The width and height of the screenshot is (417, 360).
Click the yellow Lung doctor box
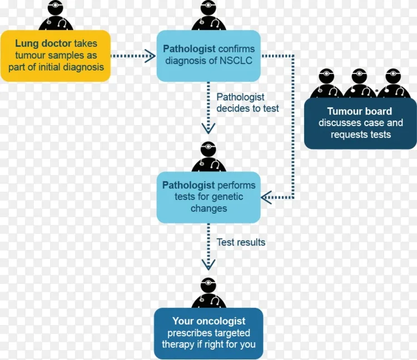[x=56, y=56]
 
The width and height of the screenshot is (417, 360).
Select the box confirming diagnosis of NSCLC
[x=209, y=56]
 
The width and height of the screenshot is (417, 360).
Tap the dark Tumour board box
[x=360, y=123]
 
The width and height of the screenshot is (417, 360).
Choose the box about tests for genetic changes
[x=209, y=197]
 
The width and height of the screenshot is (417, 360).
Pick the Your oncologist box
[x=209, y=333]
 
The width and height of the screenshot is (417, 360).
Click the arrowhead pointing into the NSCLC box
[x=150, y=56]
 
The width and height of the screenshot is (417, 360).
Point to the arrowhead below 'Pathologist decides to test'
[x=209, y=128]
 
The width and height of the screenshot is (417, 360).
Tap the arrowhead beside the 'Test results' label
[x=209, y=264]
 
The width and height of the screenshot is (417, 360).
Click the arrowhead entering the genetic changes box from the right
[x=266, y=197]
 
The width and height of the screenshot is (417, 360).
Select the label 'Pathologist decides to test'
[x=247, y=103]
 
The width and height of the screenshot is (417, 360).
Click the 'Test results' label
[x=241, y=242]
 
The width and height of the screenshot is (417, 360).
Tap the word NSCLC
[x=235, y=61]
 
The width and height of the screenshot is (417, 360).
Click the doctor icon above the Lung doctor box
[x=56, y=15]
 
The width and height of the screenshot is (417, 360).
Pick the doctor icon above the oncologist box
[x=209, y=293]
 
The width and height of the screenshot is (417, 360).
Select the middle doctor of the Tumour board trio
[x=359, y=83]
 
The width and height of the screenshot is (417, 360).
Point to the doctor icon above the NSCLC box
[x=209, y=15]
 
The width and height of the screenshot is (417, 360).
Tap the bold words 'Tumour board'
[x=360, y=111]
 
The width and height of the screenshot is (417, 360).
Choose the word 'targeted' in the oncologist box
[x=232, y=333]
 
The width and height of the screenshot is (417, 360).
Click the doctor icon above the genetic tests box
[x=209, y=157]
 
